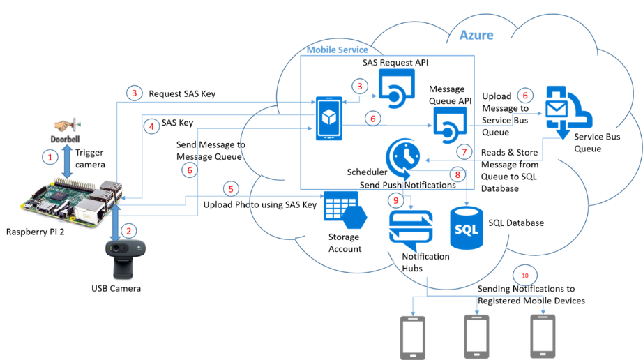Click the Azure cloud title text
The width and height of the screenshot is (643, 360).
[476, 34]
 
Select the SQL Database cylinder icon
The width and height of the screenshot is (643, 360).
[467, 227]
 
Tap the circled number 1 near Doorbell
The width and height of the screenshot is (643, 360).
[50, 158]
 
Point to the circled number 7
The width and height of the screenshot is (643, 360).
[464, 151]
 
